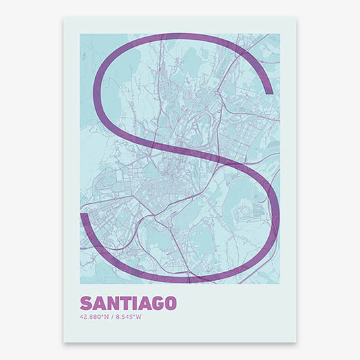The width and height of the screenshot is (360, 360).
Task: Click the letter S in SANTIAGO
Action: point(85,302)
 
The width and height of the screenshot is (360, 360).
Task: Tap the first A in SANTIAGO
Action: point(98,302)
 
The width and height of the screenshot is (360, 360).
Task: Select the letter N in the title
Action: point(112,302)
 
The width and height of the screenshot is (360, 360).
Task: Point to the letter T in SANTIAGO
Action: point(125,302)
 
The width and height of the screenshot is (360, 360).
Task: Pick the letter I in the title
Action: point(134,302)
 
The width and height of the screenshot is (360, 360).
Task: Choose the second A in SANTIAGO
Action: point(145,302)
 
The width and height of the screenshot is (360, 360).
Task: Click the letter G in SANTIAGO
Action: point(160,302)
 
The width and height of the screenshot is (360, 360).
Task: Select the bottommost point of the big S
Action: point(181,280)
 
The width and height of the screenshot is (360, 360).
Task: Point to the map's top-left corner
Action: point(80,34)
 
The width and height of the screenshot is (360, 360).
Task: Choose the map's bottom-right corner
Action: point(280,283)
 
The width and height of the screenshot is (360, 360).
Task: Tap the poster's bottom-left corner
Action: point(64,341)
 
